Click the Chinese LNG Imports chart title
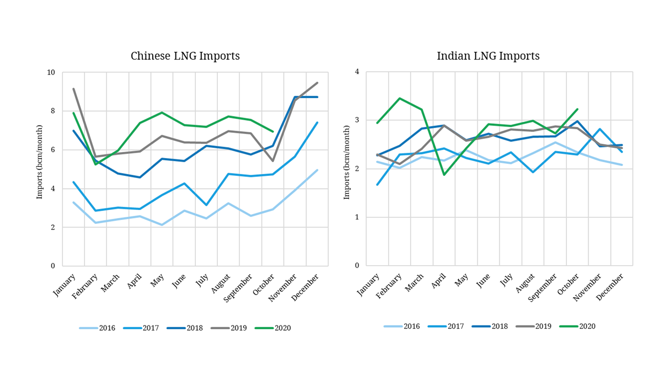point(185,56)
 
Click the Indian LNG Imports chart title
point(488,56)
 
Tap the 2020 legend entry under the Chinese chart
point(272,328)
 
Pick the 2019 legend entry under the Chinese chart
point(229,328)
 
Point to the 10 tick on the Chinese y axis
point(51,72)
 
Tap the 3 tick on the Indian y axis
point(357,120)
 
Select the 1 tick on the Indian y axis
point(357,217)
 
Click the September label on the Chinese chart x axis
point(241,288)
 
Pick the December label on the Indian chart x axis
point(611,286)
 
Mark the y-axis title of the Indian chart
point(346,169)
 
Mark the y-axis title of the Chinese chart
point(39,169)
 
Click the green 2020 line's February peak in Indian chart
point(400,98)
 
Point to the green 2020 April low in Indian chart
point(444,175)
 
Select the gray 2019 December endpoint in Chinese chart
point(317,82)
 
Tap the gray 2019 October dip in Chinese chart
point(272,161)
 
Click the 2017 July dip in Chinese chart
point(206,205)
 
